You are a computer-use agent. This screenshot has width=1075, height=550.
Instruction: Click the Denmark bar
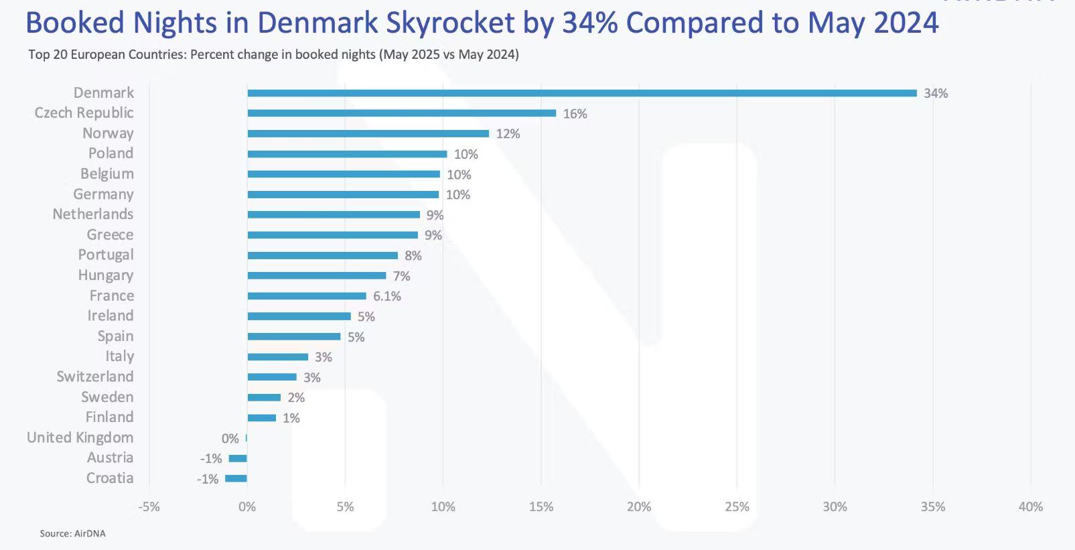(581, 93)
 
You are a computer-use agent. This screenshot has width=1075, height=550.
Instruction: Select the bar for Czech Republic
(402, 113)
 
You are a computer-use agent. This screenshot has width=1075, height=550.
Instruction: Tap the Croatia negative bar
(236, 478)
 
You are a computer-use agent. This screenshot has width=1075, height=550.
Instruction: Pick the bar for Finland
(261, 418)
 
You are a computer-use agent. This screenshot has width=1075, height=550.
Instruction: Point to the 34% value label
(936, 94)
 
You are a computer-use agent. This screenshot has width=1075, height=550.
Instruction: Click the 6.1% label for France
(387, 296)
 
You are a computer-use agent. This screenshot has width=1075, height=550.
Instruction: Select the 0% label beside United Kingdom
(230, 439)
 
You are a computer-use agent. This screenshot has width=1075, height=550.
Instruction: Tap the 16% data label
(575, 114)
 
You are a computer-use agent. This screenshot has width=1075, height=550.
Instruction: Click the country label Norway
(108, 133)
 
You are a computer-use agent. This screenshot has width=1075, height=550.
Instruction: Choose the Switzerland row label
(94, 376)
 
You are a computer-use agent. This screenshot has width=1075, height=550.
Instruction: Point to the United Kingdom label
(80, 437)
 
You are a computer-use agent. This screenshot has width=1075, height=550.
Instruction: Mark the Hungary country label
(105, 275)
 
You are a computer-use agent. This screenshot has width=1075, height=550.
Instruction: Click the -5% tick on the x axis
(149, 507)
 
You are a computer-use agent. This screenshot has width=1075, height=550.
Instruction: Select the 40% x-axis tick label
(1030, 507)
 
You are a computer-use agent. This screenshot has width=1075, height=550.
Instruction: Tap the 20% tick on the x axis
(638, 507)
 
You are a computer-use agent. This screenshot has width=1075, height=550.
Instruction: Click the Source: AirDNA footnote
(72, 534)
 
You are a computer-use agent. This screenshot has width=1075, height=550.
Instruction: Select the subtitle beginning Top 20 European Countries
(273, 55)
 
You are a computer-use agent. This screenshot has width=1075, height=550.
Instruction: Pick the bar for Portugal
(322, 256)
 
